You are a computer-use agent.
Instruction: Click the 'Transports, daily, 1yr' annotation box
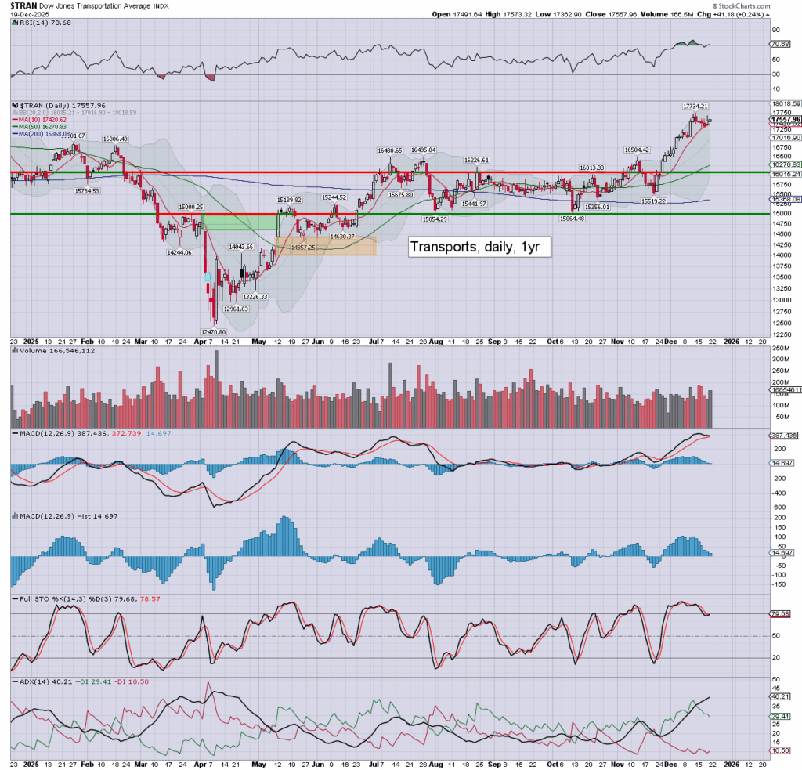click(479, 247)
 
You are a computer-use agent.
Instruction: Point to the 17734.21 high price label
click(695, 107)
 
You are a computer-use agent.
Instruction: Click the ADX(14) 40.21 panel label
click(41, 681)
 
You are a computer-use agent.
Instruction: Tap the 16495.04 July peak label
click(423, 150)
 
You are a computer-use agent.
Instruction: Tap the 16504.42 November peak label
click(637, 150)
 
